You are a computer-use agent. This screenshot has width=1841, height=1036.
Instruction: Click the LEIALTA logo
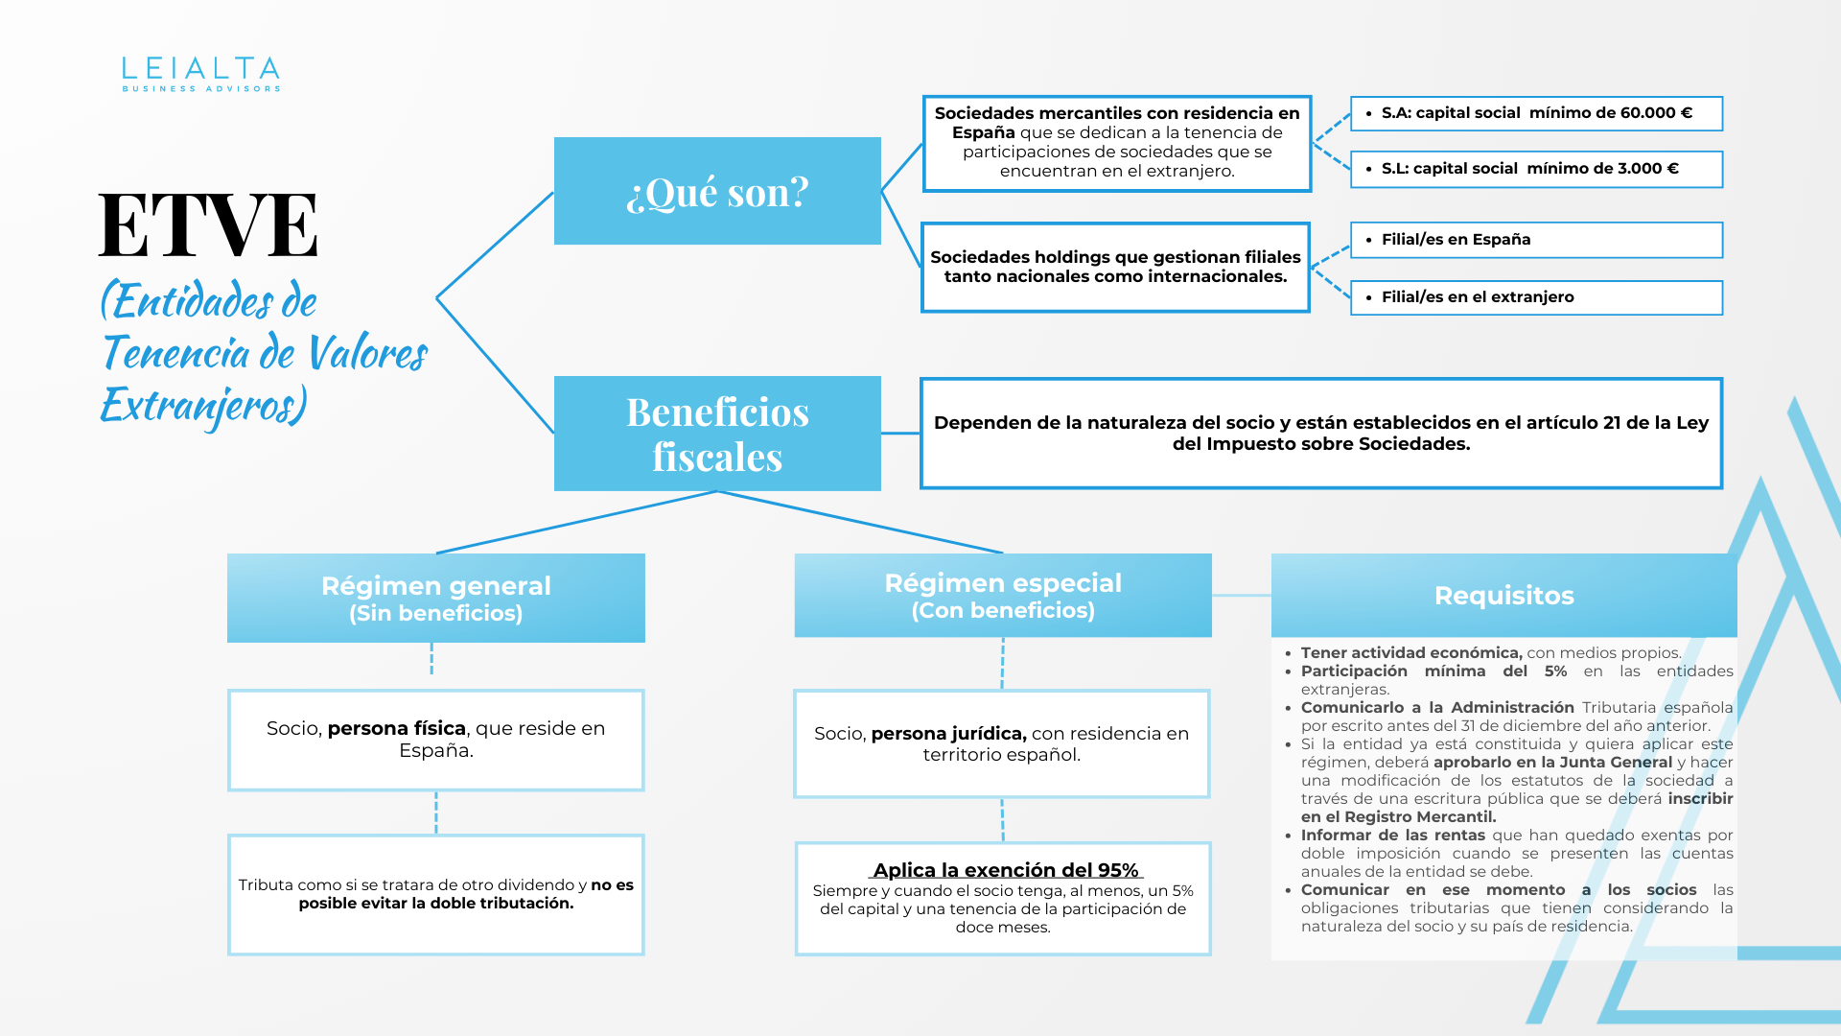pyautogui.click(x=200, y=74)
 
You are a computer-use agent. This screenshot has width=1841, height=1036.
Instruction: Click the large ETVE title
pyautogui.click(x=208, y=225)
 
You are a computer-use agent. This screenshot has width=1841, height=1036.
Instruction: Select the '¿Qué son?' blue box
pyautogui.click(x=717, y=191)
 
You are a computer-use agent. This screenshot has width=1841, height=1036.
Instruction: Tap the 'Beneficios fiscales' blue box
pyautogui.click(x=717, y=434)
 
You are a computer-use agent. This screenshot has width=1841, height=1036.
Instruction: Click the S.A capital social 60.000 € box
pyautogui.click(x=1536, y=113)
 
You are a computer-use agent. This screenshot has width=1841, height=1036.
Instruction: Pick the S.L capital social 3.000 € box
pyautogui.click(x=1536, y=169)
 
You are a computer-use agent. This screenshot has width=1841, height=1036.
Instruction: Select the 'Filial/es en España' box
pyautogui.click(x=1536, y=240)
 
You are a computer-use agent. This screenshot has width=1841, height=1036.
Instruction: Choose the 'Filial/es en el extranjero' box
pyautogui.click(x=1536, y=297)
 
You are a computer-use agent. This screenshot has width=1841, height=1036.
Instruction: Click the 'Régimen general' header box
pyautogui.click(x=436, y=598)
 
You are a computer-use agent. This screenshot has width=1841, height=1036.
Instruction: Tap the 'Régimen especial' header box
pyautogui.click(x=1003, y=595)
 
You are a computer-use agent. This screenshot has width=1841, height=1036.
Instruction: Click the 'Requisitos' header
pyautogui.click(x=1503, y=596)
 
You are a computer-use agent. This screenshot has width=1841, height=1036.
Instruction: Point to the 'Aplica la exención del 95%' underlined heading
pyautogui.click(x=1006, y=870)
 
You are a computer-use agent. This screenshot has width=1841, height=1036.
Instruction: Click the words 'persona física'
pyautogui.click(x=396, y=728)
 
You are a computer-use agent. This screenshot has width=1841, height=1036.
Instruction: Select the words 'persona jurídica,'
pyautogui.click(x=948, y=734)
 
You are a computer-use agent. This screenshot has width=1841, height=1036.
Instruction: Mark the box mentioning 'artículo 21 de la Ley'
pyautogui.click(x=1321, y=434)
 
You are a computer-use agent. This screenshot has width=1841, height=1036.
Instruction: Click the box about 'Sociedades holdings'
pyautogui.click(x=1115, y=268)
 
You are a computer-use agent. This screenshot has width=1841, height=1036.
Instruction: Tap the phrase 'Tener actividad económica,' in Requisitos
pyautogui.click(x=1410, y=653)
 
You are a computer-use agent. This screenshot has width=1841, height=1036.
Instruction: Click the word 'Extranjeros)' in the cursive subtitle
pyautogui.click(x=203, y=405)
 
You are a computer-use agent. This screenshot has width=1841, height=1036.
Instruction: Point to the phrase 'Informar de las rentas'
pyautogui.click(x=1392, y=836)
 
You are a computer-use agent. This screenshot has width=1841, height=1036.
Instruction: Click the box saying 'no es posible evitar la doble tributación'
pyautogui.click(x=436, y=894)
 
